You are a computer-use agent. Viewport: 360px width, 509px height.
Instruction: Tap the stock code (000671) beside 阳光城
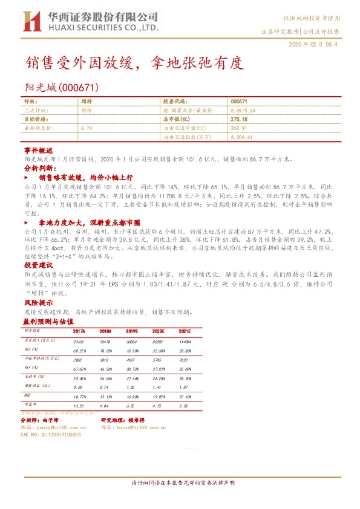(75, 88)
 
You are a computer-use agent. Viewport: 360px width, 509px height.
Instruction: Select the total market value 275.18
(239, 120)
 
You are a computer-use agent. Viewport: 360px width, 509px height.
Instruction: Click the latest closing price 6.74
(85, 128)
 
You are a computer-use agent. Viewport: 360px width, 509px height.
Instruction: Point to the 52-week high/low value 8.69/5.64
(243, 111)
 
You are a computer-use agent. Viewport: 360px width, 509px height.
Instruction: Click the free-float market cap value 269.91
(239, 128)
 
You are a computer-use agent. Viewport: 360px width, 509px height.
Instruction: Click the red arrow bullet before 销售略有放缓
(27, 179)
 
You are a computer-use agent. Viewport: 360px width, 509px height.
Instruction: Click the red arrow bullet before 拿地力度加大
(27, 223)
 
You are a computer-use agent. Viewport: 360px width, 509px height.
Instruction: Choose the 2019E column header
(133, 332)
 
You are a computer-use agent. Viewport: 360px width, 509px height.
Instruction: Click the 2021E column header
(185, 332)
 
